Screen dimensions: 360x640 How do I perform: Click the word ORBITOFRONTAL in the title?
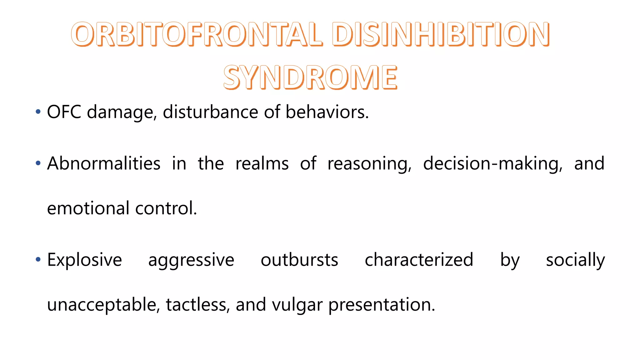pyautogui.click(x=197, y=34)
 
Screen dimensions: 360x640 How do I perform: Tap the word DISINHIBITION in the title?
pyautogui.click(x=441, y=34)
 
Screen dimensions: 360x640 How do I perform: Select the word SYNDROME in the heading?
pyautogui.click(x=310, y=77)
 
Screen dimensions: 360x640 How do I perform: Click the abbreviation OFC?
pyautogui.click(x=64, y=112)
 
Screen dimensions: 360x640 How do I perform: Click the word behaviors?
pyautogui.click(x=327, y=112)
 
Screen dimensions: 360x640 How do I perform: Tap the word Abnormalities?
pyautogui.click(x=104, y=163)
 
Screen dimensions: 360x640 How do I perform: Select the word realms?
pyautogui.click(x=262, y=163)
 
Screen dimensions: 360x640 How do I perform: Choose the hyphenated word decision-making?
pyautogui.click(x=493, y=163)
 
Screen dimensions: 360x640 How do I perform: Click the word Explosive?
pyautogui.click(x=84, y=260)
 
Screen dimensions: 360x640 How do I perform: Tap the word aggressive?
pyautogui.click(x=191, y=260)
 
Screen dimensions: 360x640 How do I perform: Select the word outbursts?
pyautogui.click(x=299, y=260)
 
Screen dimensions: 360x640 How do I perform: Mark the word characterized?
pyautogui.click(x=419, y=260)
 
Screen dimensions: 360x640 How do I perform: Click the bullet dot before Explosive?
pyautogui.click(x=38, y=259)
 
